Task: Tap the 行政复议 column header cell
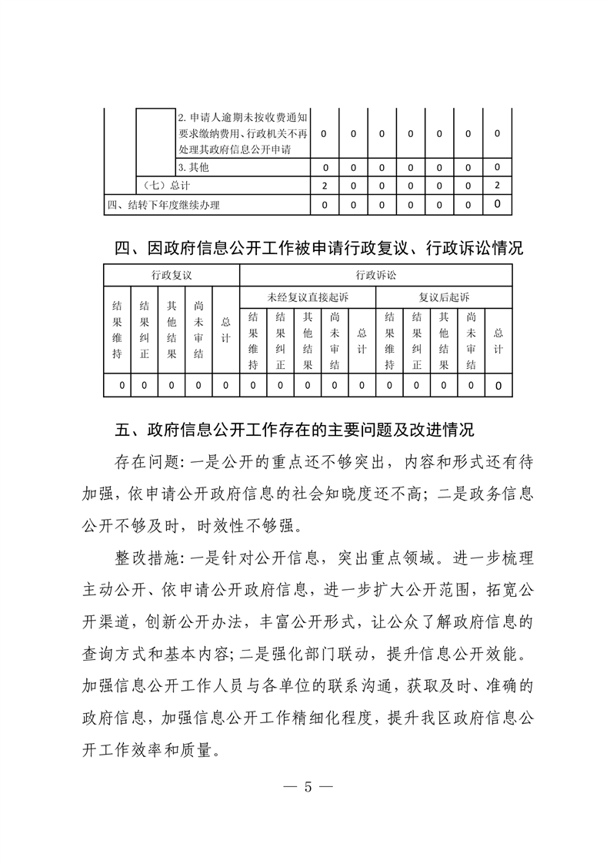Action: pos(172,275)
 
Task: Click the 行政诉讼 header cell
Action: pos(376,275)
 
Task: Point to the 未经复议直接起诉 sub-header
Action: pos(308,296)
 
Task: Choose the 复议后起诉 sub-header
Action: pos(444,296)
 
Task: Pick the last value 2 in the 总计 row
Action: pos(498,186)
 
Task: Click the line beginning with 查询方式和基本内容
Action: pos(303,653)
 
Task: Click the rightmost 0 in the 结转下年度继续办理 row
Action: pos(498,205)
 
